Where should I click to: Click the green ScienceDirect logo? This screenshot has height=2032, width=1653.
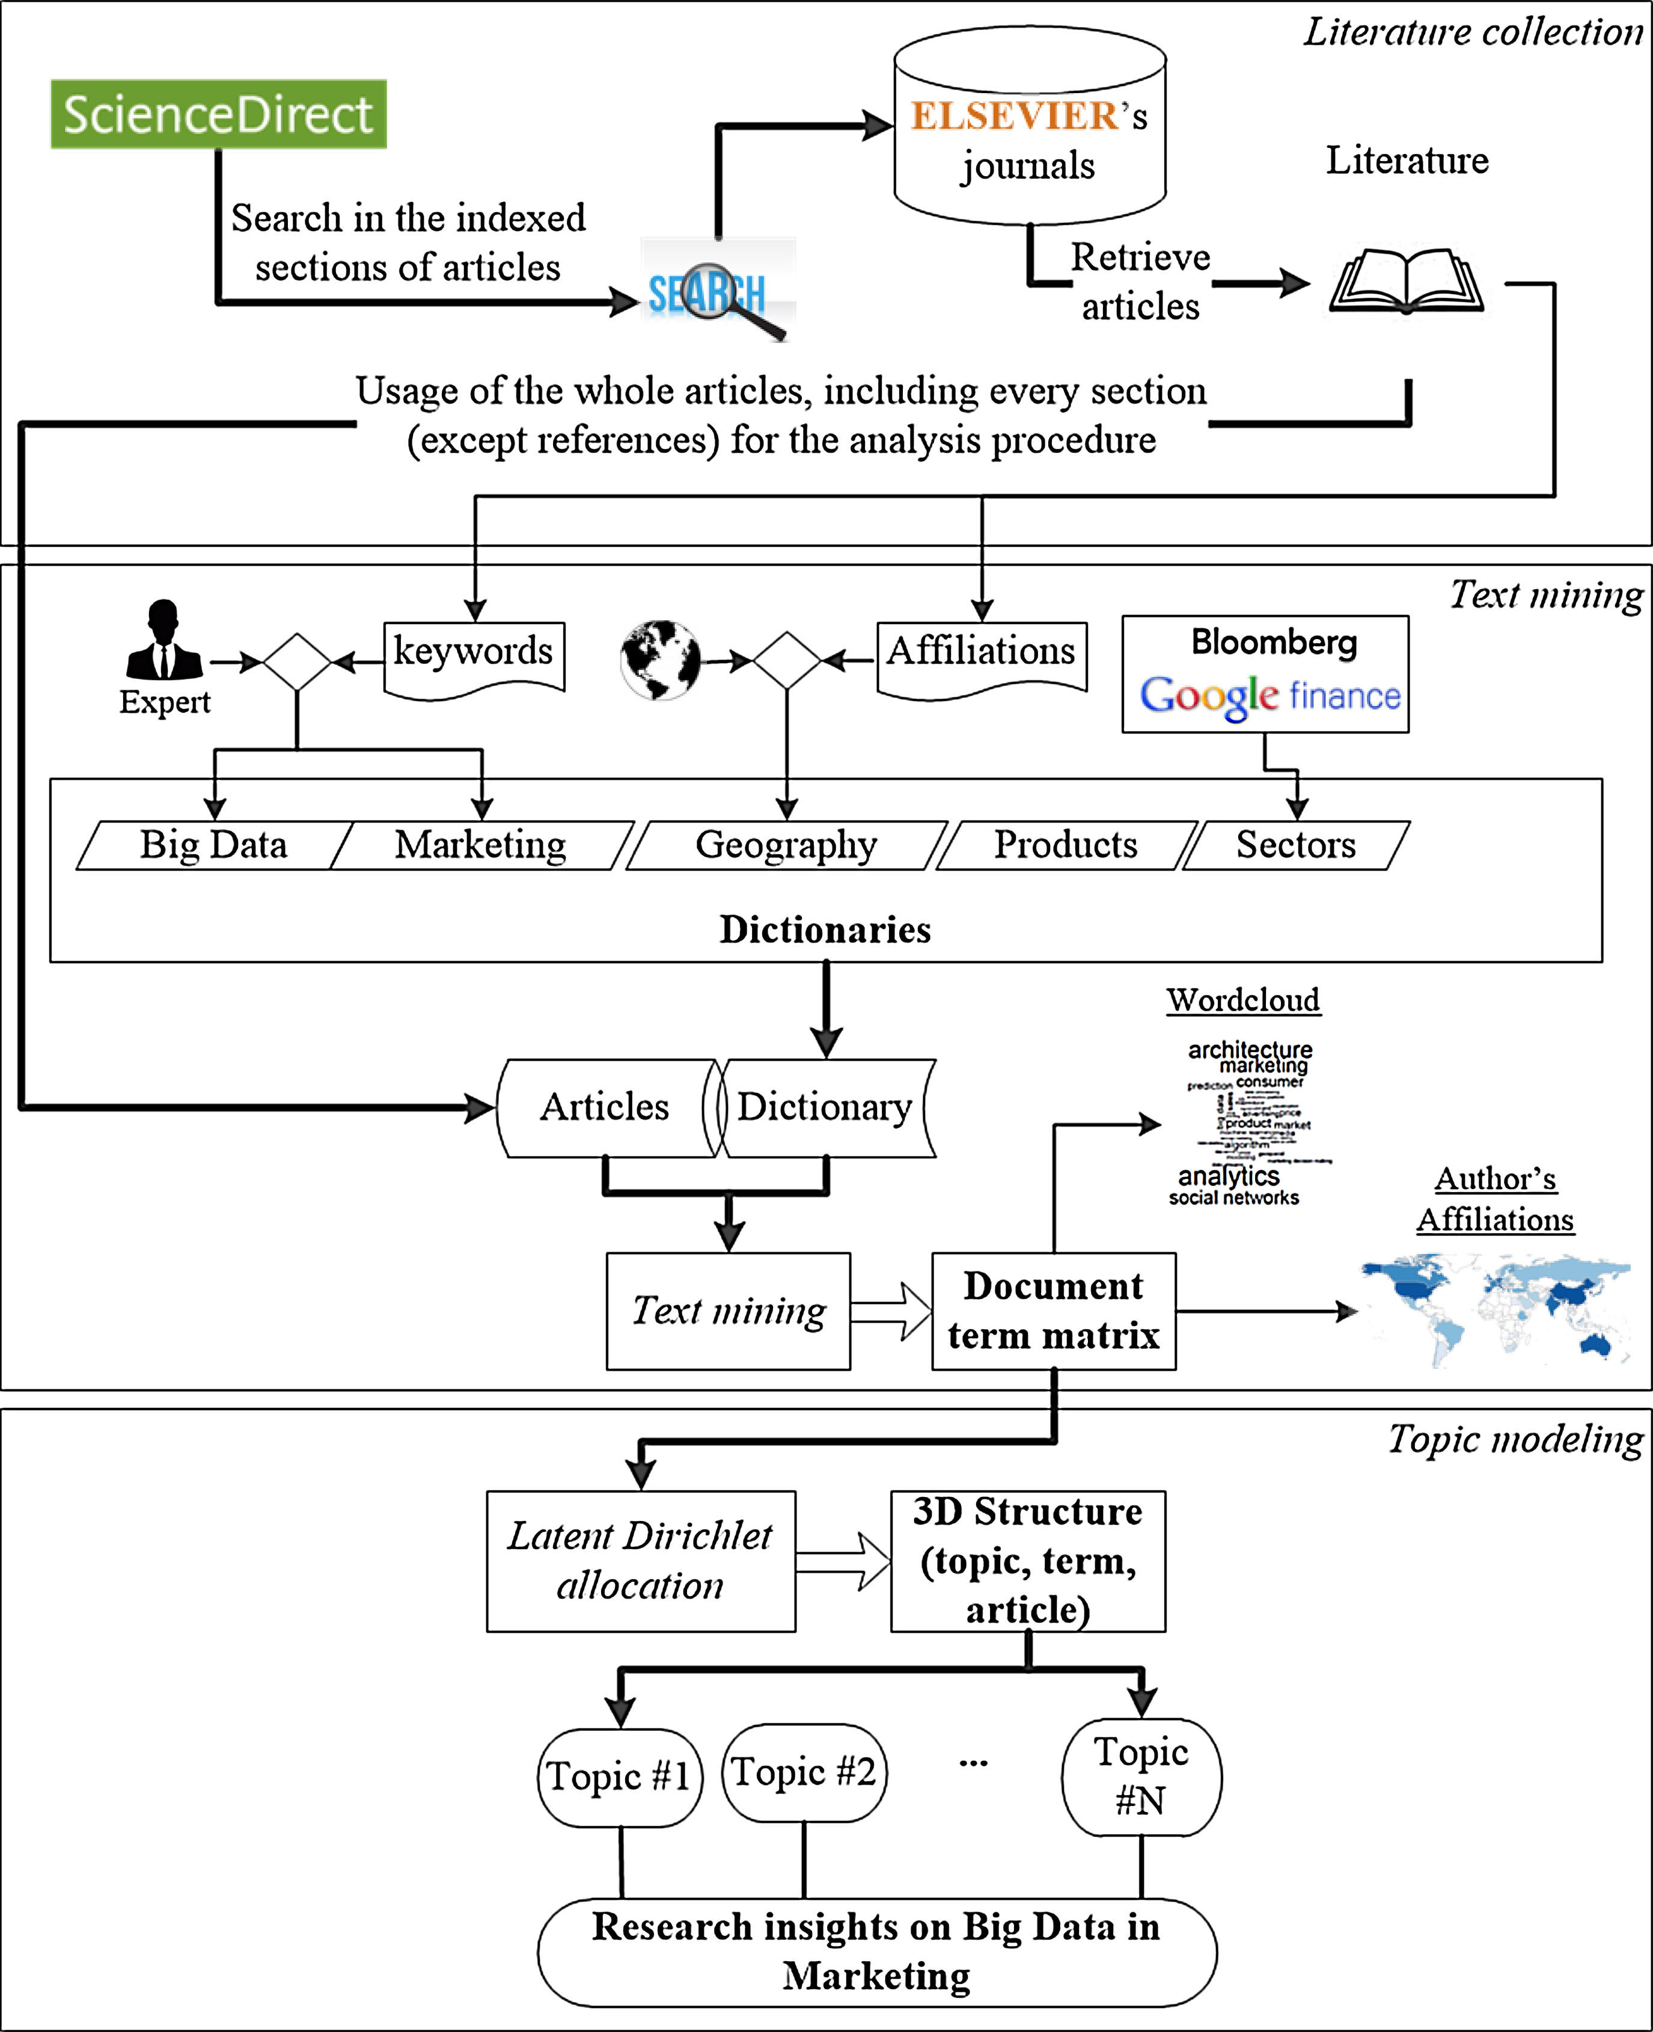coord(218,114)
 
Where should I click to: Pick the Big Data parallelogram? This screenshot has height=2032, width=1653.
coord(213,845)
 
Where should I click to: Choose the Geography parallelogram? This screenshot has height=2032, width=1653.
coord(786,845)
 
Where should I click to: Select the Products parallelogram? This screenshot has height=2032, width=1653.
coord(1066,845)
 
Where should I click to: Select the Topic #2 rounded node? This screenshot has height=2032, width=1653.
coord(804,1772)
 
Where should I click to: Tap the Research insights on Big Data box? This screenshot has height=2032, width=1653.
coord(876,1952)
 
